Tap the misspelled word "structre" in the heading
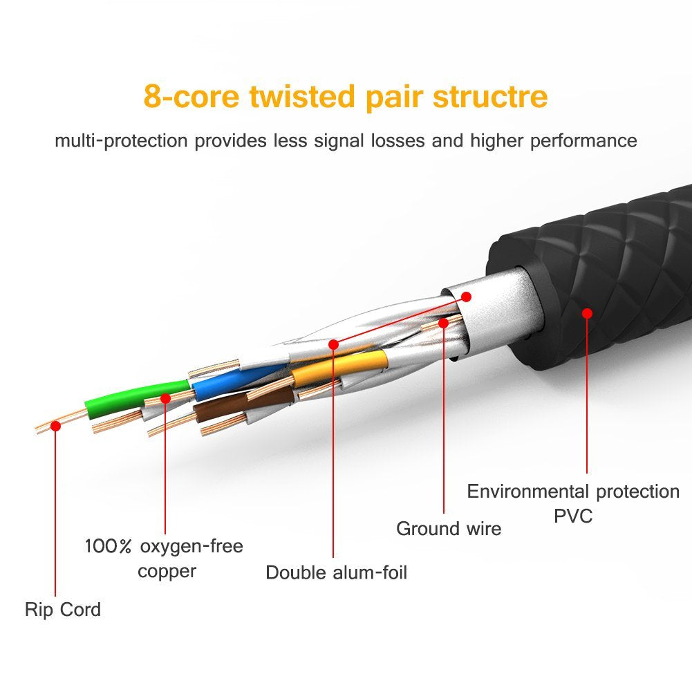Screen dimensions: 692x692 [490, 96]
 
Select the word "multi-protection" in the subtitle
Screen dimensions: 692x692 [121, 141]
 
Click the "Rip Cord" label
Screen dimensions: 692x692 [63, 610]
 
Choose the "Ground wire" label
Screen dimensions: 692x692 [449, 529]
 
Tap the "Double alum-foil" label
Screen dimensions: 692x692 [337, 572]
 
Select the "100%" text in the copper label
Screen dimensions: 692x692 [109, 547]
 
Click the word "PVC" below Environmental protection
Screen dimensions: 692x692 [573, 516]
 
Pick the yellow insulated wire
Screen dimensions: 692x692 [339, 366]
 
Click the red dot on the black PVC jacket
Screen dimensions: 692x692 [588, 313]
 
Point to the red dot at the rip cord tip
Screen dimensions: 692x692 [56, 426]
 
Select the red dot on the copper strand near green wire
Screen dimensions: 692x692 [165, 398]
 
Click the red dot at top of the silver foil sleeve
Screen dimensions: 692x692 [466, 297]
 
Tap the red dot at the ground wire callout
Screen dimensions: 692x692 [443, 322]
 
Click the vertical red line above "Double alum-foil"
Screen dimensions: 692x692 [333, 449]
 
